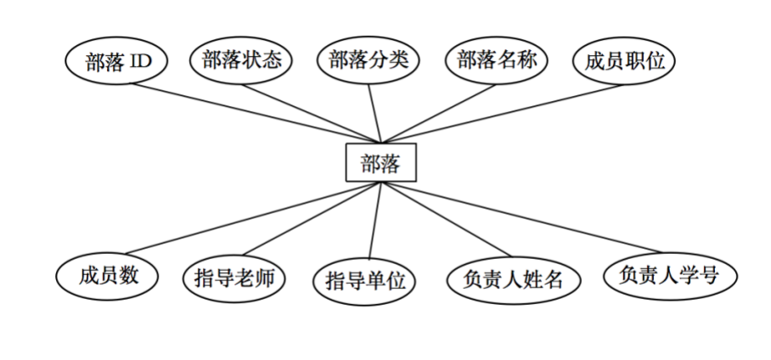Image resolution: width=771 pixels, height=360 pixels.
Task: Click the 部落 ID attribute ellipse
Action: [116, 62]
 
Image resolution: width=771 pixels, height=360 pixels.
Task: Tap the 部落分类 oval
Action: [369, 60]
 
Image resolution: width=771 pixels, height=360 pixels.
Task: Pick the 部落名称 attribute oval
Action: [497, 60]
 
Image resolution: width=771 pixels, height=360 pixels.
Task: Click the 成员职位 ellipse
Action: [624, 60]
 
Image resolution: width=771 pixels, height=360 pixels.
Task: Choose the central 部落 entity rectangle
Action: [380, 163]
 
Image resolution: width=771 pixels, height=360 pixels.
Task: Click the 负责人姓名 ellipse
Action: [514, 279]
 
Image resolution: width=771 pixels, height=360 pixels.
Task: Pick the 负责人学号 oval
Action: [670, 275]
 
